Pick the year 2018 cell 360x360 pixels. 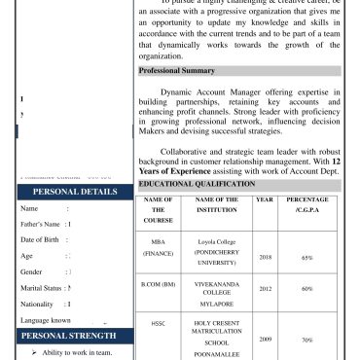pos(264,259)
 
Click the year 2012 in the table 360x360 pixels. pos(264,289)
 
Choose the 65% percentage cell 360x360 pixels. pos(306,259)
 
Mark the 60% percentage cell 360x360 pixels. pos(306,289)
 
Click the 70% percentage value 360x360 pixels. pos(306,341)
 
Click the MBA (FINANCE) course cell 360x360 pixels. pos(158,245)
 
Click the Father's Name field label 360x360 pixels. pos(43,252)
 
